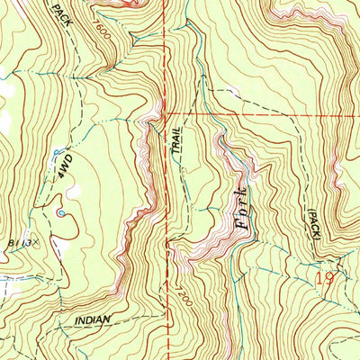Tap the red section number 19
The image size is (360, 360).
point(328,280)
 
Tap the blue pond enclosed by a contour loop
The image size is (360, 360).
point(60,213)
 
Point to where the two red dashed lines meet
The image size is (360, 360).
point(167,114)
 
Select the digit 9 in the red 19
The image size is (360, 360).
point(332,280)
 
